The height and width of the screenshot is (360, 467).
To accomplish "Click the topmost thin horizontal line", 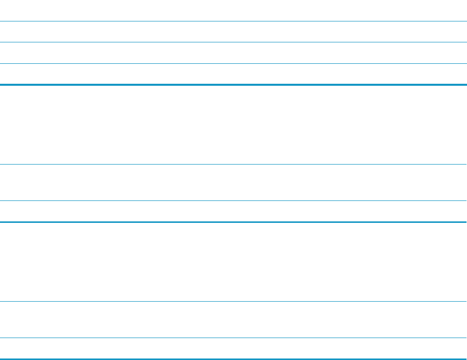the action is [233, 21].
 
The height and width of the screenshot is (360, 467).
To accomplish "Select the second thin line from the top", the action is [233, 42].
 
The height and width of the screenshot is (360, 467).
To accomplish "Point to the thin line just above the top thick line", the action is [233, 63].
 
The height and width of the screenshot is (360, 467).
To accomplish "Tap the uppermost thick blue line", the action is [233, 85].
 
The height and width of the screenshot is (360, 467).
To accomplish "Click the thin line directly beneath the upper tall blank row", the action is [233, 165].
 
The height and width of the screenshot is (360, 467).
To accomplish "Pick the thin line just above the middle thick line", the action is [233, 201].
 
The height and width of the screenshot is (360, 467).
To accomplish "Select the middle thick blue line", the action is [233, 222].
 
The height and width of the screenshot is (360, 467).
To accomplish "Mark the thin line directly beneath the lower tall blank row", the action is [233, 301].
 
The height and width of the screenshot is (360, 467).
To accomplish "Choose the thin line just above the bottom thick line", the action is [233, 338].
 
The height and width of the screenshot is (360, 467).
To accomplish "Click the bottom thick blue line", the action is [233, 359].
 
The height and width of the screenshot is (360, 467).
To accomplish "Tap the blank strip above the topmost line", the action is [233, 10].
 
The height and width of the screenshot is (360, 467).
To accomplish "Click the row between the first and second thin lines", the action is [233, 31].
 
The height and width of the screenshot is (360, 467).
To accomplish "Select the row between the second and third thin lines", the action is [233, 53].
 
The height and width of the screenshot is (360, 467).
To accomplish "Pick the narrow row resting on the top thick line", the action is [233, 74].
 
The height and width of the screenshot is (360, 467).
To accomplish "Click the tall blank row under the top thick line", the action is [233, 125].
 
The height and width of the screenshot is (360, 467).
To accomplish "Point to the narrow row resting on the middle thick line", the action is [233, 211].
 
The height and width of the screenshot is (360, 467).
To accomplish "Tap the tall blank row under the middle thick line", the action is [233, 262].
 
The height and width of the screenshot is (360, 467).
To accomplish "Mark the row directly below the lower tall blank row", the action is [233, 320].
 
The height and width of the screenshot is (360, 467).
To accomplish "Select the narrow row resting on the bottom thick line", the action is [233, 348].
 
